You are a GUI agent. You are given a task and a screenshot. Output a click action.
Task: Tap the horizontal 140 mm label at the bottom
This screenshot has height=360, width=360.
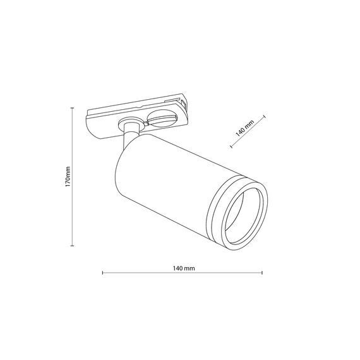(183, 268)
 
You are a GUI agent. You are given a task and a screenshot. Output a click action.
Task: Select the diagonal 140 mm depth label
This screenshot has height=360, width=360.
(244, 128)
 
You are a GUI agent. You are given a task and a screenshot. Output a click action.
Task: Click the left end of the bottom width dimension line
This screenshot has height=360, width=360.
(102, 273)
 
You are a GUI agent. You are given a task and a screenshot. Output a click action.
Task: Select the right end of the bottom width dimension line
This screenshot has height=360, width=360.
(263, 273)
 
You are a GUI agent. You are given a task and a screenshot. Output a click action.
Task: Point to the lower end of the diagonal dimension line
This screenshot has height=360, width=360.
(232, 147)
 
